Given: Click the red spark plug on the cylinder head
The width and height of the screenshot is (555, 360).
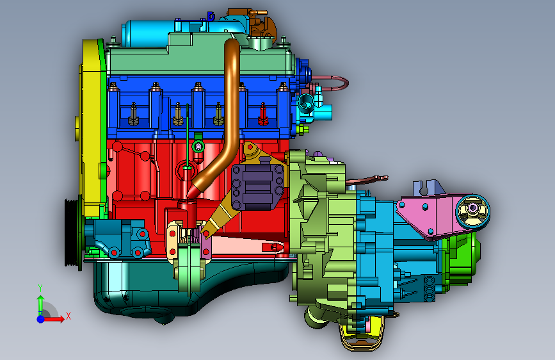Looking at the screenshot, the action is (263, 114).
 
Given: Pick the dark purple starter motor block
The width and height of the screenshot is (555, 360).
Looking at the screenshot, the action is (257, 185).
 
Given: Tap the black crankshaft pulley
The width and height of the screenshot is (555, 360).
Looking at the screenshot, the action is (72, 232).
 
